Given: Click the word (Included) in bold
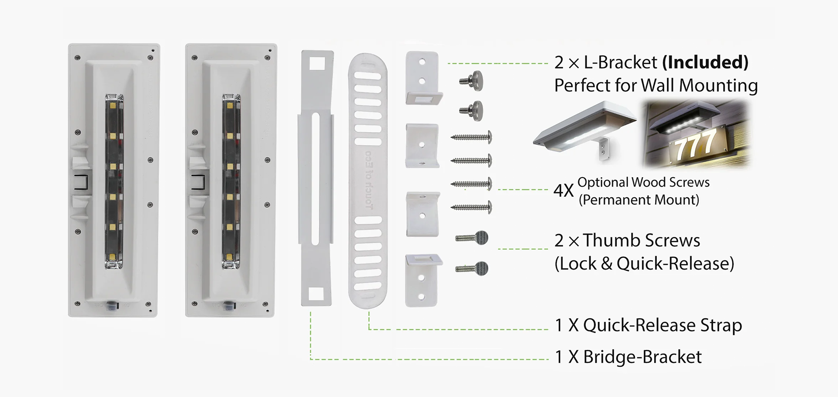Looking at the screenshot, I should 705,63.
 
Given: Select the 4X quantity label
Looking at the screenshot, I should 563,191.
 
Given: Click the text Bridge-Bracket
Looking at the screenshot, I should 642,357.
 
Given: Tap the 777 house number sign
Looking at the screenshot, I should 696,145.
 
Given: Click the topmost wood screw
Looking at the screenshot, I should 471,137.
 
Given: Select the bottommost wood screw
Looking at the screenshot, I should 471,207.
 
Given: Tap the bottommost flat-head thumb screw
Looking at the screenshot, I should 472,268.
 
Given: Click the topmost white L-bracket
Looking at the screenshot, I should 422,78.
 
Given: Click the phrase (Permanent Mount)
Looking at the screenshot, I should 639,200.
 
